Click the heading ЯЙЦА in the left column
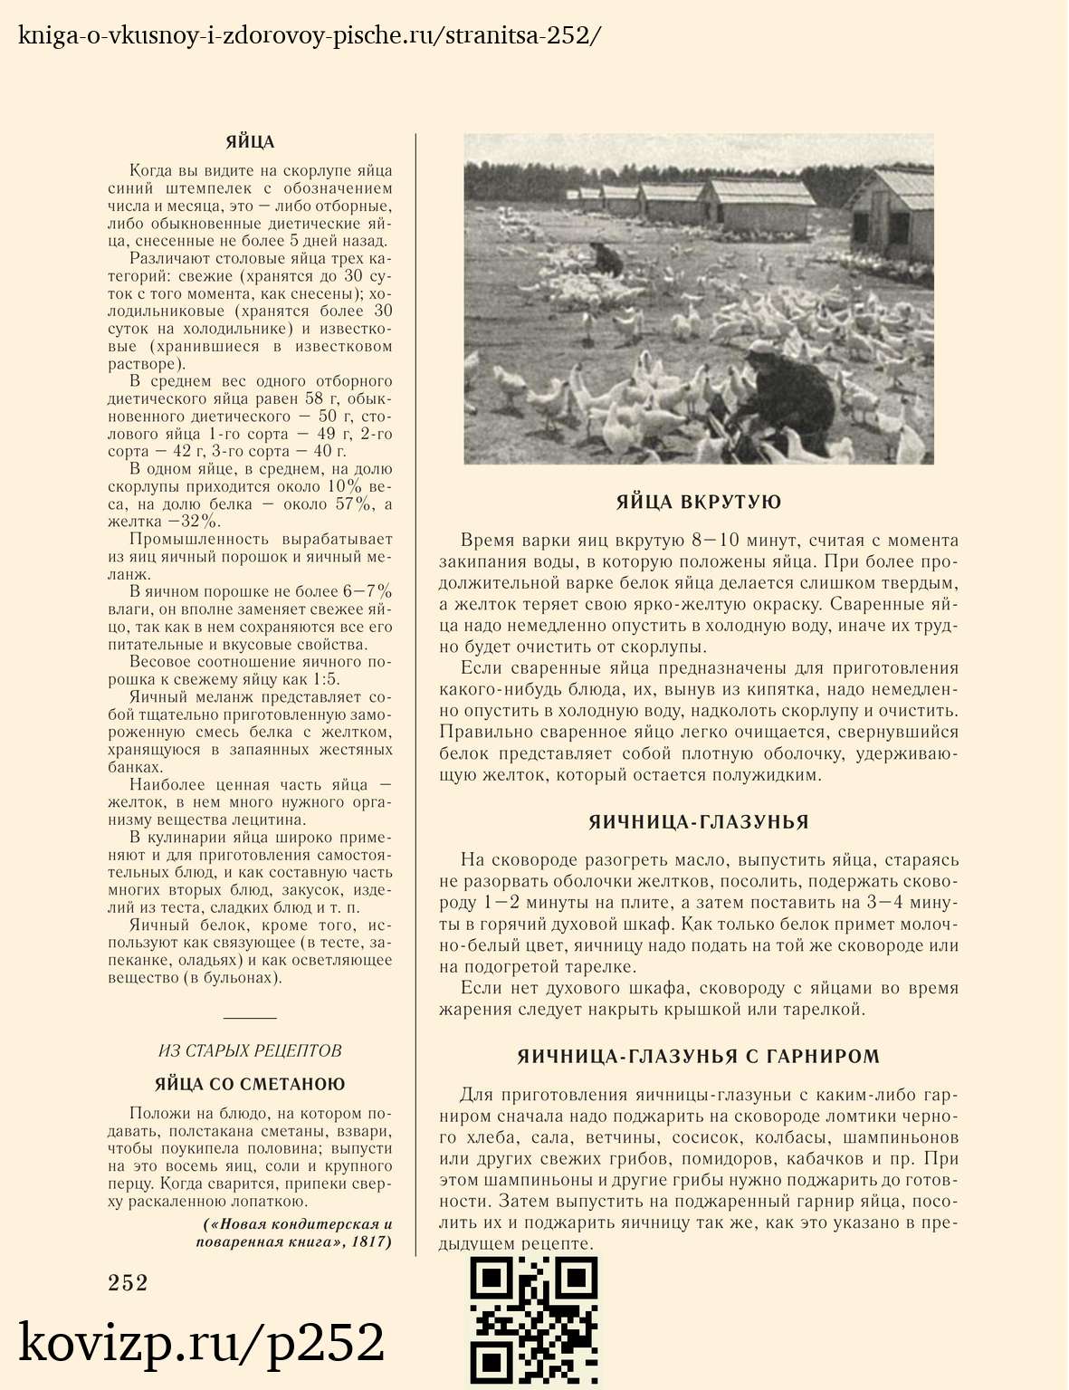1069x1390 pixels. pyautogui.click(x=250, y=142)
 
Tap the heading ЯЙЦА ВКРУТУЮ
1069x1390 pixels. pyautogui.click(x=698, y=503)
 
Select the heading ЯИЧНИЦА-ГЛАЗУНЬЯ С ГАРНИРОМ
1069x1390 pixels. pyautogui.click(x=698, y=1057)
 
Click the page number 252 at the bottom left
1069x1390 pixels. pyautogui.click(x=128, y=1282)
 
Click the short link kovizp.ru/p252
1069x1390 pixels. pyautogui.click(x=202, y=1342)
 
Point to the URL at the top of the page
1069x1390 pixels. pyautogui.click(x=308, y=35)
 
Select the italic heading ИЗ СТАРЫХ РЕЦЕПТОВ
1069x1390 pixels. pyautogui.click(x=250, y=1050)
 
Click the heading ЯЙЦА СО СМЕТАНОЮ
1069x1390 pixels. pyautogui.click(x=250, y=1084)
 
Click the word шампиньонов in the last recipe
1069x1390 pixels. pyautogui.click(x=900, y=1137)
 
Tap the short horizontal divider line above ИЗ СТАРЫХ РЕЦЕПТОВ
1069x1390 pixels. pyautogui.click(x=250, y=1018)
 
